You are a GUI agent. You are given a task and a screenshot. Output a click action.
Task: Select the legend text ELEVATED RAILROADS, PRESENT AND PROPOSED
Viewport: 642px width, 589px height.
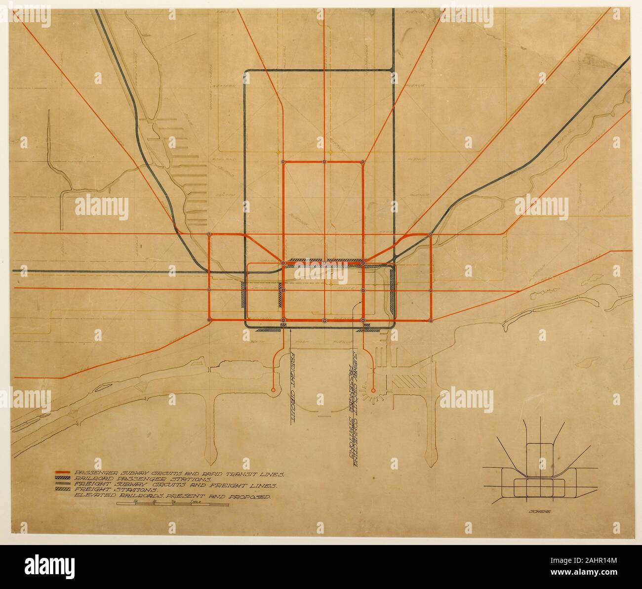tap(171, 495)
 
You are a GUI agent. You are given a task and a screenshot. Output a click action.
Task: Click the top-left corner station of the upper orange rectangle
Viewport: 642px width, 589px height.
tap(283, 162)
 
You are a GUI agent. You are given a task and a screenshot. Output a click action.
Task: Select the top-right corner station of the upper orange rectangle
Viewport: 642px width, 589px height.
tap(363, 162)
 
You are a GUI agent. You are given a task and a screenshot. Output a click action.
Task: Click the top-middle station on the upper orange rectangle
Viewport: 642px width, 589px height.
tap(324, 162)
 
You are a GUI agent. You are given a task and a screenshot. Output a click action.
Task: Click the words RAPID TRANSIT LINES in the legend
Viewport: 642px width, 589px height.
tap(242, 473)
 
